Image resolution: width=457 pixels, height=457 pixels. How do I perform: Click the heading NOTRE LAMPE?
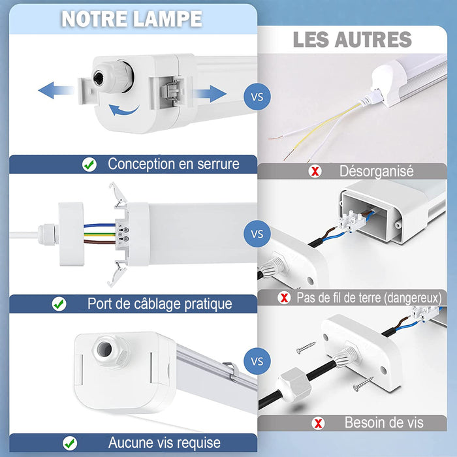pyautogui.click(x=132, y=19)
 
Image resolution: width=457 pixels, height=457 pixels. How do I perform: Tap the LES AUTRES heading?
pyautogui.click(x=353, y=40)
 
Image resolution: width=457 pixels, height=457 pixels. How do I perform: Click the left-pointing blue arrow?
pyautogui.click(x=55, y=90)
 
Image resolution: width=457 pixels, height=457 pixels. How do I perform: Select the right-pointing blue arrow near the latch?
pyautogui.click(x=210, y=94)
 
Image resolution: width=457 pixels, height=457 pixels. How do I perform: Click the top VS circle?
pyautogui.click(x=257, y=97)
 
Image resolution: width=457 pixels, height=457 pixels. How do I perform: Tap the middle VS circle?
pyautogui.click(x=257, y=234)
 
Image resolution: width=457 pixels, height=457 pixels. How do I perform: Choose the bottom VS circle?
pyautogui.click(x=257, y=361)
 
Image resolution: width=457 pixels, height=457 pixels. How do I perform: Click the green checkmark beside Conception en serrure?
pyautogui.click(x=89, y=165)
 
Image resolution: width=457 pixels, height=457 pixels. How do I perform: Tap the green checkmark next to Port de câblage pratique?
pyautogui.click(x=59, y=304)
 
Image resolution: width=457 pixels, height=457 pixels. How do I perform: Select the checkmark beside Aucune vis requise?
pyautogui.click(x=70, y=443)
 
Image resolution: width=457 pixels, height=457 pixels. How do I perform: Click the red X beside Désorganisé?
pyautogui.click(x=315, y=171)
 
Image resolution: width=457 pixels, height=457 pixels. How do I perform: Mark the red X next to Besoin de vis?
pyautogui.click(x=318, y=423)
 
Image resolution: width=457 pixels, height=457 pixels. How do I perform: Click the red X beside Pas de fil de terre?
pyautogui.click(x=284, y=298)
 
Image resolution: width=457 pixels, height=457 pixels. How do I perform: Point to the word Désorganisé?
pyautogui.click(x=376, y=171)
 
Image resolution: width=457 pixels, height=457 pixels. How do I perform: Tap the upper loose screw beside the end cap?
pyautogui.click(x=306, y=347)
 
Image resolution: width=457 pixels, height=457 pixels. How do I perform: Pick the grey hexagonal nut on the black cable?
pyautogui.click(x=294, y=385)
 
